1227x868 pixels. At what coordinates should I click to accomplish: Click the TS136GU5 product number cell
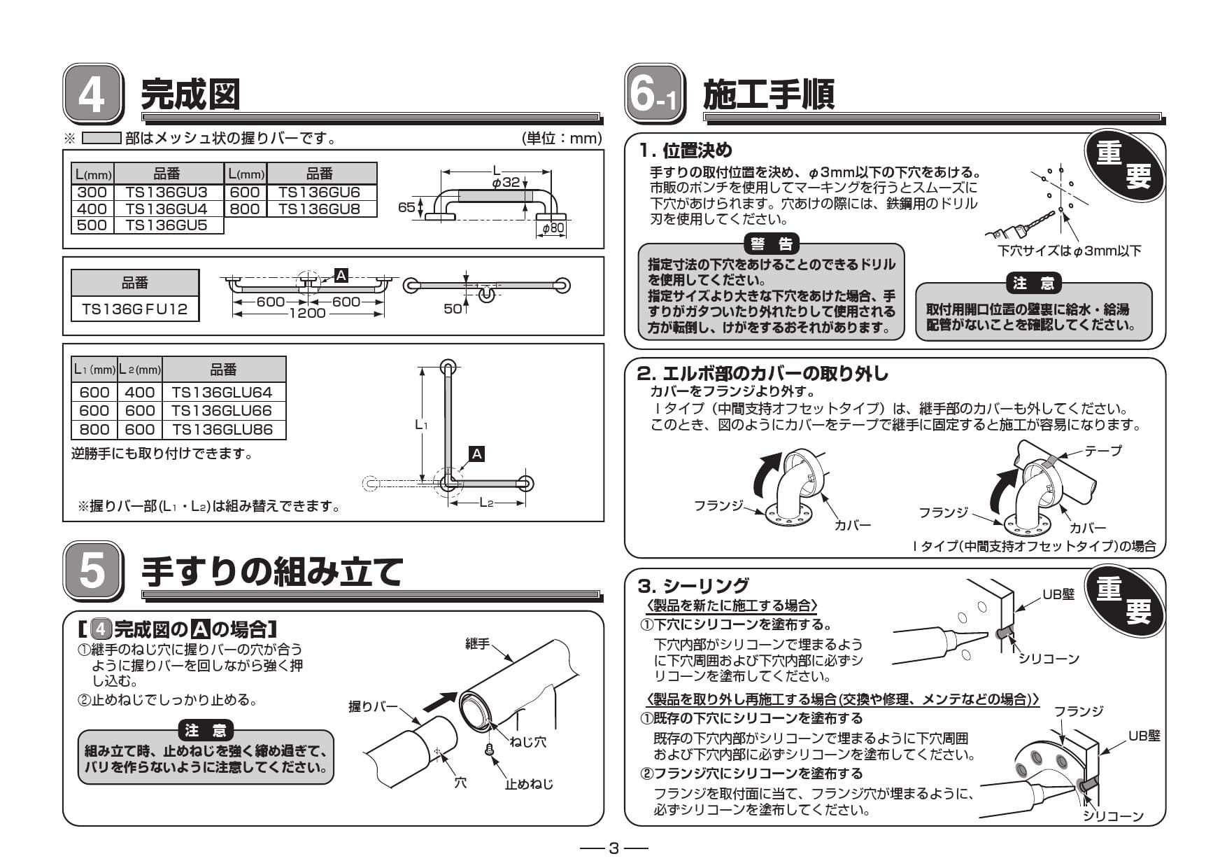[x=166, y=225]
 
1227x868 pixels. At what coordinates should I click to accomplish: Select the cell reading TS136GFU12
[x=135, y=309]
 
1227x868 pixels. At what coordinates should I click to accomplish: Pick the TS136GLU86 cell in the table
[x=222, y=430]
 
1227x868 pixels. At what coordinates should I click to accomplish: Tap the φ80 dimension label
[x=553, y=228]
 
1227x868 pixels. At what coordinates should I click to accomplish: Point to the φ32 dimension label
[x=506, y=182]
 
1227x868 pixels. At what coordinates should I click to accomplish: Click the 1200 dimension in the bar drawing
[x=308, y=314]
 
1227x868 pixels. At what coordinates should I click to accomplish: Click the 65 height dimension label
[x=406, y=207]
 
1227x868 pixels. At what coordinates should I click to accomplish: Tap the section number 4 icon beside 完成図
[x=92, y=94]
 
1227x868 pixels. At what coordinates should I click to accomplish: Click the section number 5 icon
[x=92, y=571]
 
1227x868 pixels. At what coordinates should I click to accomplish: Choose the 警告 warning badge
[x=772, y=244]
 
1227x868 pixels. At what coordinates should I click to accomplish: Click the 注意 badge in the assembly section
[x=205, y=731]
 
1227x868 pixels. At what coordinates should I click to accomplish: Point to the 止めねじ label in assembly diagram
[x=529, y=784]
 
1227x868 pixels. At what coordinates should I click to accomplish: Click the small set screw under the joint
[x=490, y=750]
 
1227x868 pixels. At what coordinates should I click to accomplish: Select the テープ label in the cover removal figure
[x=1103, y=451]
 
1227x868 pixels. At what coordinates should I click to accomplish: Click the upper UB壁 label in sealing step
[x=1058, y=594]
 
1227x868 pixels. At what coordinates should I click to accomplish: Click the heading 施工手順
[x=768, y=95]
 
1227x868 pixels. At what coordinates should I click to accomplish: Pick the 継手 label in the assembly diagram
[x=477, y=643]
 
